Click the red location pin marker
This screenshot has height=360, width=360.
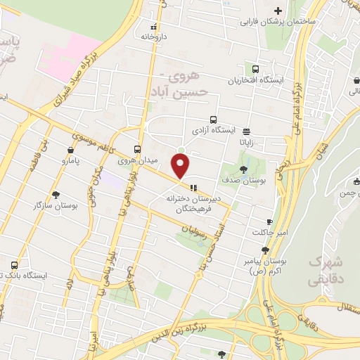pyautogui.click(x=181, y=165)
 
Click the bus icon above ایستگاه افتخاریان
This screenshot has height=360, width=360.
pyautogui.click(x=255, y=69)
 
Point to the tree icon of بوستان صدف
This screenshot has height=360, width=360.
pyautogui.click(x=243, y=169)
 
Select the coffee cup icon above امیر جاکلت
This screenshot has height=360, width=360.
pyautogui.click(x=269, y=221)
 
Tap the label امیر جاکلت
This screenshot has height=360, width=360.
pyautogui.click(x=267, y=232)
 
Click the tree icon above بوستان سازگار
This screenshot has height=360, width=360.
pyautogui.click(x=56, y=193)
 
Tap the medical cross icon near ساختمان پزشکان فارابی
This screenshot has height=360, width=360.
pyautogui.click(x=278, y=11)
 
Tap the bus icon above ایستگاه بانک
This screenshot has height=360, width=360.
pyautogui.click(x=15, y=265)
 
